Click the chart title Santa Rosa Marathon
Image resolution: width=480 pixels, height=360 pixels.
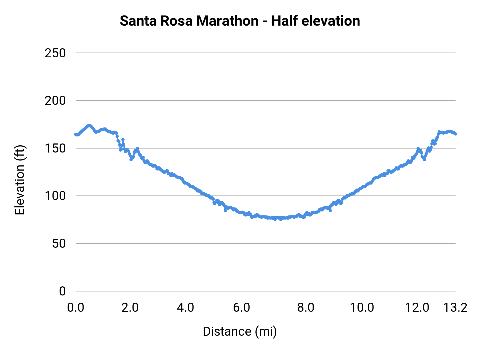pos(189,21)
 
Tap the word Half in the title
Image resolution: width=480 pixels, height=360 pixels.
pos(283,21)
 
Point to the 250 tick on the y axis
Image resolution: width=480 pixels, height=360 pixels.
pos(55,53)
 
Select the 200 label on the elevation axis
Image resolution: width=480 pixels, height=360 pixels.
pos(55,101)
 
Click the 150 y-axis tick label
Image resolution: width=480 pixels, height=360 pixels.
pos(55,149)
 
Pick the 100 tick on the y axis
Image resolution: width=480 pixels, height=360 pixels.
pos(55,196)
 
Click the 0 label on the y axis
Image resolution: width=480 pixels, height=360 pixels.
pos(62,291)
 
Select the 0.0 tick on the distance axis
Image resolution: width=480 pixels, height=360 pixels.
pos(76,307)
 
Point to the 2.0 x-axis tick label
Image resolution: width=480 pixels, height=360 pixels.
pos(130,307)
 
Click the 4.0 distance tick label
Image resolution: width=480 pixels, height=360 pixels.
pos(186,307)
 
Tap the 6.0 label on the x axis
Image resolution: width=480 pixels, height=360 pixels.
pos(241,307)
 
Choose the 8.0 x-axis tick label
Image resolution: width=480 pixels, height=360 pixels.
pos(306,307)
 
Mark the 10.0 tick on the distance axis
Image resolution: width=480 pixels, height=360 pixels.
pos(362,307)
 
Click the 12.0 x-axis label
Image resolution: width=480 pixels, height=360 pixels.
pos(417,307)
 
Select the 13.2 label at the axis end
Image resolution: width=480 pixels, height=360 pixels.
pos(455,307)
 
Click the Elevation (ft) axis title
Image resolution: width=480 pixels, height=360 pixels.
pos(20,180)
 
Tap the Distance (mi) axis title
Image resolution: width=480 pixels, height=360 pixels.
pos(240,331)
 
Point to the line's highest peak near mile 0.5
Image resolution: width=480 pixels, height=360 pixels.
pos(89,125)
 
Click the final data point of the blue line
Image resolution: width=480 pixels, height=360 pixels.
pos(455,134)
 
